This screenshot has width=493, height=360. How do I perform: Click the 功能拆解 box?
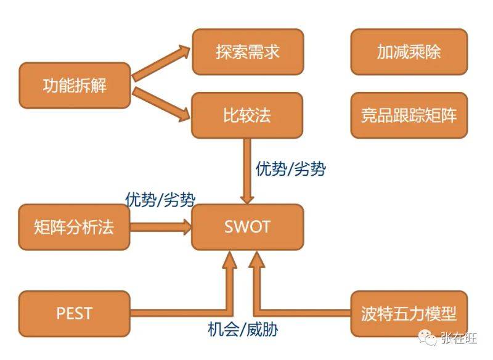[x=75, y=85]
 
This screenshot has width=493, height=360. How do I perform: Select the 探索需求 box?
[x=247, y=51]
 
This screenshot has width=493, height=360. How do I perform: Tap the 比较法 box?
[x=247, y=115]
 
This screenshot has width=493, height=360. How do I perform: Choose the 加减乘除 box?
[x=409, y=51]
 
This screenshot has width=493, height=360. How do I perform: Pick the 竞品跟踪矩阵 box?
[x=409, y=115]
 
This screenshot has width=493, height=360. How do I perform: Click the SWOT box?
[x=247, y=226]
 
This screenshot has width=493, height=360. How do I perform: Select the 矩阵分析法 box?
[x=75, y=226]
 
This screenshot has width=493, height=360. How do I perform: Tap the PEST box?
[x=75, y=313]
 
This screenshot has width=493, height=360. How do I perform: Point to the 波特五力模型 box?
[x=409, y=313]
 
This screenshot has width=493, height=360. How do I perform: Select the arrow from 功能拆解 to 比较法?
[x=161, y=102]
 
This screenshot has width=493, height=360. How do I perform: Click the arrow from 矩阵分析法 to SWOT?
[x=161, y=226]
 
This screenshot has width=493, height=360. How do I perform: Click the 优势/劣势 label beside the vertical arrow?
[x=290, y=169]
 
